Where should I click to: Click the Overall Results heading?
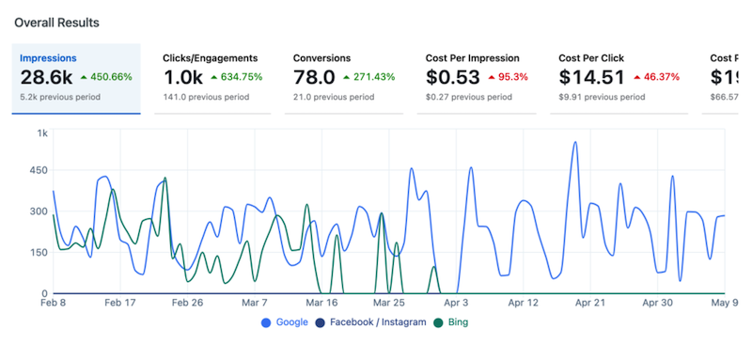55,21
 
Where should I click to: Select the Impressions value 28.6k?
46,77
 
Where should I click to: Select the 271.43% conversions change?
375,77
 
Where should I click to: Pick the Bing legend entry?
451,322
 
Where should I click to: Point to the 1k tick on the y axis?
42,133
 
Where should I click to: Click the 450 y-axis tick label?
38,170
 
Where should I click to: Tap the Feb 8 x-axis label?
54,304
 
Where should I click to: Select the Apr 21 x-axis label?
590,304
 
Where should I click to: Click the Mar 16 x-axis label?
321,304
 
